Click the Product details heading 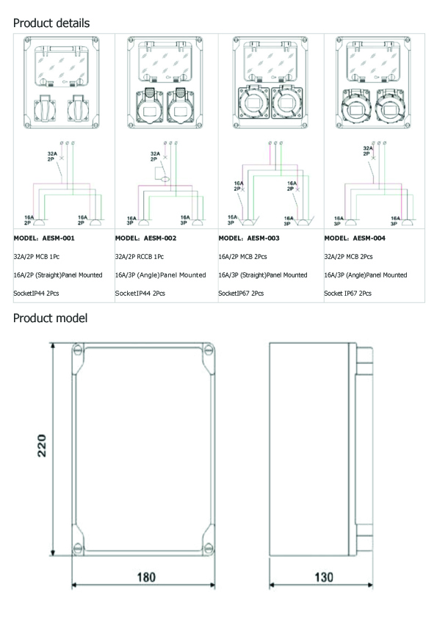coord(51,23)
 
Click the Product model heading coord(50,318)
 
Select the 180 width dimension coord(146,578)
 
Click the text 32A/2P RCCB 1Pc coord(140,257)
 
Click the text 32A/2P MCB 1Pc coord(37,257)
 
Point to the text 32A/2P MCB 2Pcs coord(348,257)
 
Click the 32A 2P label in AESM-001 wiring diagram coord(51,155)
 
